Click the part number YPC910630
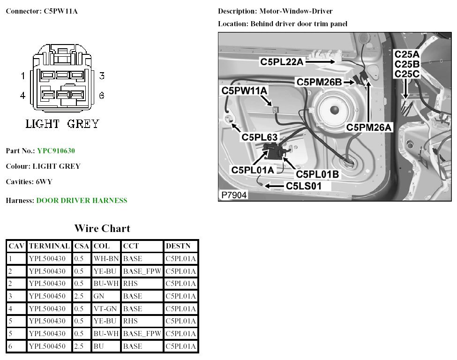point(56,151)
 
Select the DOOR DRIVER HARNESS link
point(82,201)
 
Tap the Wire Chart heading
point(102,229)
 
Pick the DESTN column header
point(178,246)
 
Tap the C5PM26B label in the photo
point(319,82)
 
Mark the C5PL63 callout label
point(259,137)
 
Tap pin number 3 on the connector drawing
point(101,76)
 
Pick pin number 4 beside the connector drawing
point(22,96)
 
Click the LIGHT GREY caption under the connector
point(62,124)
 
